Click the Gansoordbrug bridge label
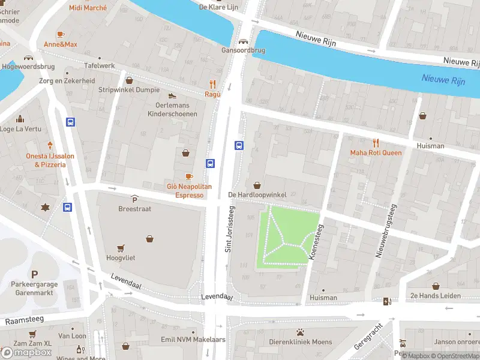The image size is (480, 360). coord(243,50)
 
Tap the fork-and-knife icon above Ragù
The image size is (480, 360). coord(212,84)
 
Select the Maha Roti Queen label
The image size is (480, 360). coord(376,152)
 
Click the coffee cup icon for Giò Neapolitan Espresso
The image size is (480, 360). coord(189,176)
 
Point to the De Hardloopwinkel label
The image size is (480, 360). coord(257,195)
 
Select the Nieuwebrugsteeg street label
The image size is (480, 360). coord(386,231)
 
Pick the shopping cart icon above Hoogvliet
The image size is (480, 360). coord(121,248)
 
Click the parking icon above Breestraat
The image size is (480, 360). coord(134,199)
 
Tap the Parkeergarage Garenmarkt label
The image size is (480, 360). coord(34,289)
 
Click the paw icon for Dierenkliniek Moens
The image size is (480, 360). coord(300,332)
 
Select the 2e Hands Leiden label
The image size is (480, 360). coord(436,296)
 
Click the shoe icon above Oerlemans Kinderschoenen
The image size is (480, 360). coord(172,95)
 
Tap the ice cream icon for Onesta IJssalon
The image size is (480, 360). coord(50,145)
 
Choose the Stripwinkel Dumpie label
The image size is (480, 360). coord(129,90)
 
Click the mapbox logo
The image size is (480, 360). coord(27,352)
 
